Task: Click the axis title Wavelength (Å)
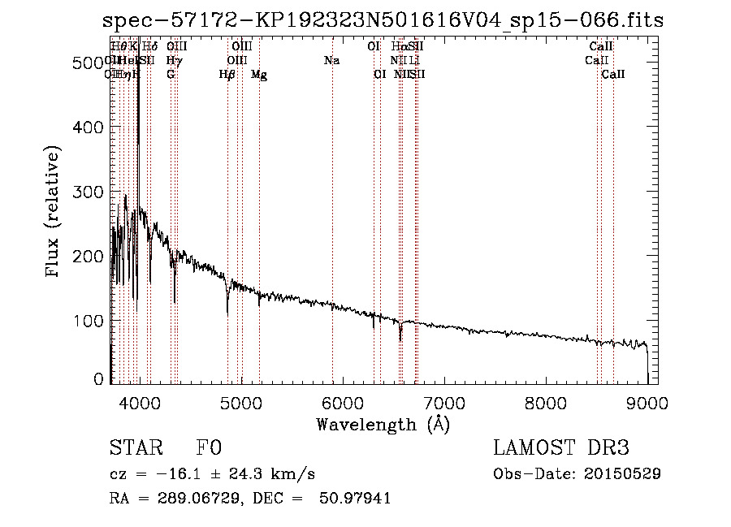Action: tap(383, 424)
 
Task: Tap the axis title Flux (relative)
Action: tap(54, 213)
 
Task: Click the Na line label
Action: tap(331, 61)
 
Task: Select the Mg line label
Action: tap(259, 75)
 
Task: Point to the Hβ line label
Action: tap(227, 75)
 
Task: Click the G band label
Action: tap(171, 75)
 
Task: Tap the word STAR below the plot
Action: tap(135, 448)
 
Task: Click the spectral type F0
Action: tap(210, 448)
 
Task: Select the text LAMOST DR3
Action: tap(561, 448)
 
